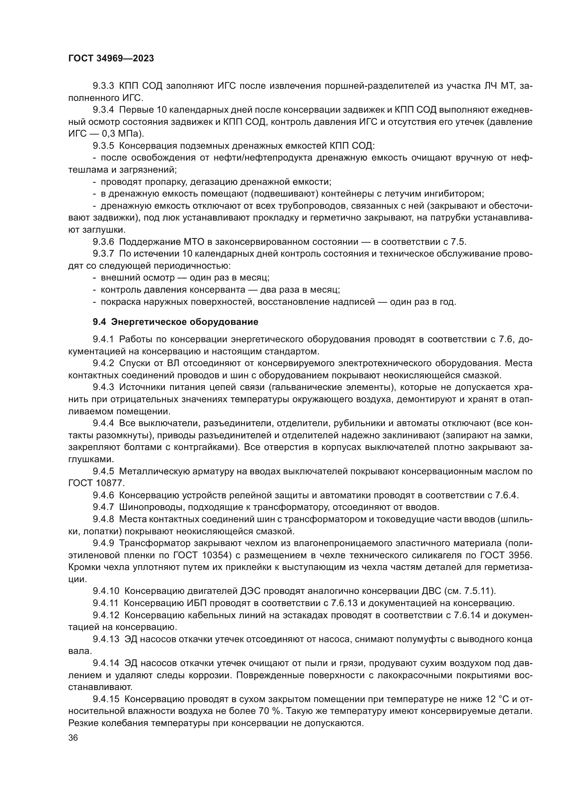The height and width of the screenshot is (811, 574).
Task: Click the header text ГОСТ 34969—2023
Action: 111,59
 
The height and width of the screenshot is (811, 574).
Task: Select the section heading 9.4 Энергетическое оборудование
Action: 175,322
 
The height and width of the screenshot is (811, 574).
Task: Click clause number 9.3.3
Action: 103,86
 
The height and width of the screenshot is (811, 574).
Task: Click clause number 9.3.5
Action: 103,146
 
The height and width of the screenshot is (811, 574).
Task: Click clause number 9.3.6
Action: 103,242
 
